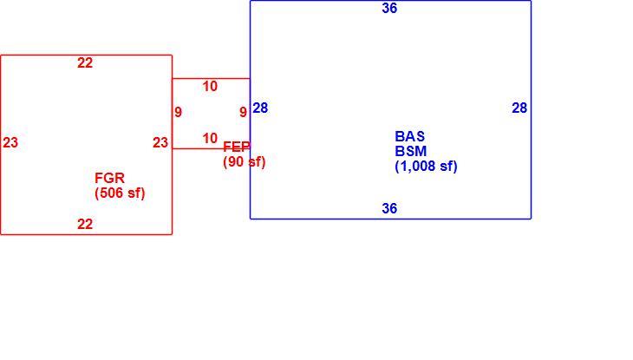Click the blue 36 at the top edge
(389, 8)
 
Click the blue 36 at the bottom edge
(389, 208)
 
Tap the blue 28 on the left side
(260, 108)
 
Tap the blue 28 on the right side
(519, 108)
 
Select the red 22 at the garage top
(85, 62)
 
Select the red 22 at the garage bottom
(85, 224)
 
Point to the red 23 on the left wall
(10, 142)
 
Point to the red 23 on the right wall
(160, 142)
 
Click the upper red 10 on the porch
(210, 86)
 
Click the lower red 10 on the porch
(210, 138)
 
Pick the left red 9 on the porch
(178, 112)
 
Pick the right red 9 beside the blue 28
(243, 112)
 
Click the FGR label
(110, 178)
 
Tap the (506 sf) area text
(120, 193)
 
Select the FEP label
(237, 147)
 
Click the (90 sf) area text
(245, 162)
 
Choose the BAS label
(410, 136)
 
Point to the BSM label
(411, 151)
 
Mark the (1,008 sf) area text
(426, 167)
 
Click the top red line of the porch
(211, 78)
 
